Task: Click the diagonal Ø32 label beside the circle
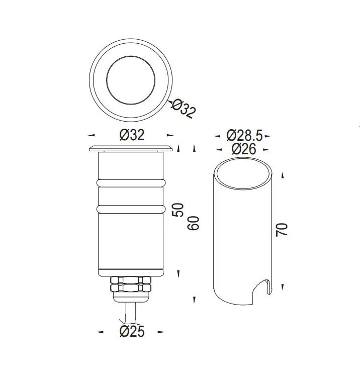pyautogui.click(x=184, y=109)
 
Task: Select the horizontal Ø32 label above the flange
pyautogui.click(x=132, y=135)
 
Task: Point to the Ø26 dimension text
pyautogui.click(x=244, y=149)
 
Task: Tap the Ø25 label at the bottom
pyautogui.click(x=132, y=332)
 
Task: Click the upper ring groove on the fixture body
pyautogui.click(x=131, y=182)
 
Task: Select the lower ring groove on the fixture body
pyautogui.click(x=131, y=208)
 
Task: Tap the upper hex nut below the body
pyautogui.click(x=131, y=280)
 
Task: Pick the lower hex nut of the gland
pyautogui.click(x=131, y=288)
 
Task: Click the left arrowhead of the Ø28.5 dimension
pyautogui.click(x=217, y=136)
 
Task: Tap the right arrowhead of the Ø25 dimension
pyautogui.click(x=161, y=332)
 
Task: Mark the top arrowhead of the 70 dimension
pyautogui.click(x=283, y=175)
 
